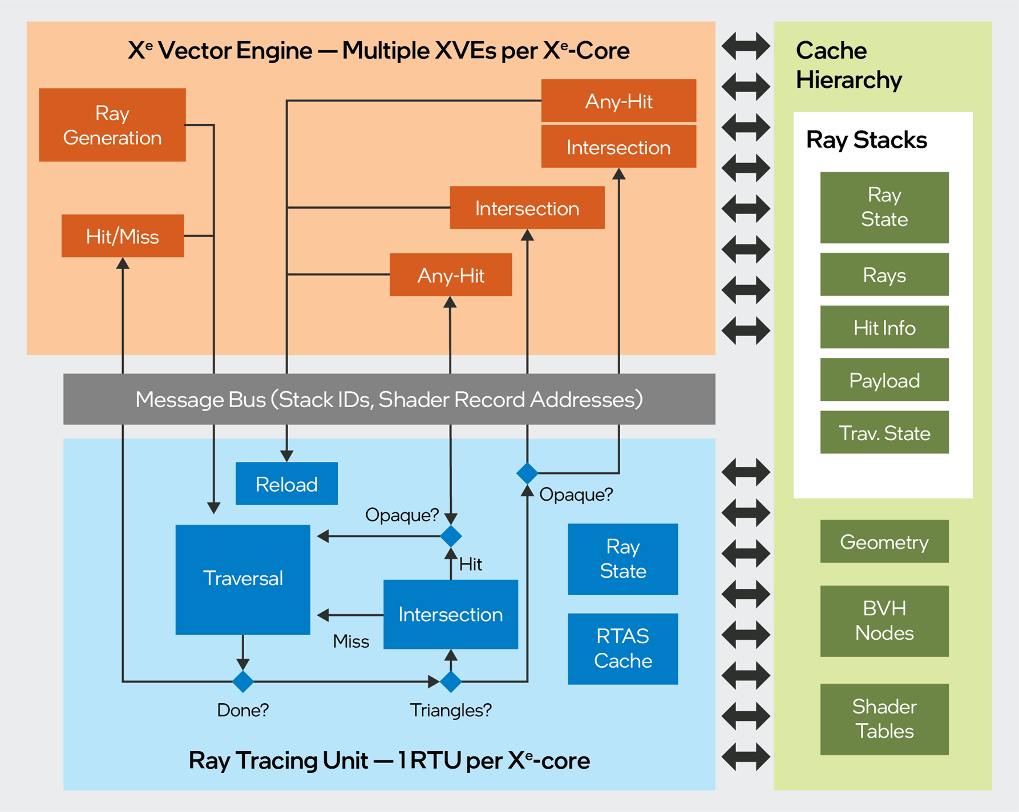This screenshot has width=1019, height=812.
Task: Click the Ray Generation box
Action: click(112, 125)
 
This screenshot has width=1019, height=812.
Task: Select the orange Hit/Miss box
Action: click(123, 236)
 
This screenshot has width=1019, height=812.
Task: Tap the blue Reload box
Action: click(286, 484)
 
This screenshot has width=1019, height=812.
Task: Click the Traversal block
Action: click(243, 579)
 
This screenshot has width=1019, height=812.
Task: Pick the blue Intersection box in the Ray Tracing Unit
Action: click(451, 614)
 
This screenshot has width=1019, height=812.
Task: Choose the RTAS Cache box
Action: click(623, 648)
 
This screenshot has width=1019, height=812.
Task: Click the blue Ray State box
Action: click(623, 559)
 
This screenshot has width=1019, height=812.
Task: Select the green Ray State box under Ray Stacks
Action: click(884, 208)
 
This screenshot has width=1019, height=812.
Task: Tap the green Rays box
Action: click(884, 275)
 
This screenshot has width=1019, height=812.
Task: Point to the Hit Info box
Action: click(884, 327)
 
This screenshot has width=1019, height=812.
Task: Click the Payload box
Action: click(884, 380)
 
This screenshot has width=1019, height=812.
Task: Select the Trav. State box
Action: click(884, 432)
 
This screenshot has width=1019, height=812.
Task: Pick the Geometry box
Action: click(884, 541)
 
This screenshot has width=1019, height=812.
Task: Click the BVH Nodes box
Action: click(884, 621)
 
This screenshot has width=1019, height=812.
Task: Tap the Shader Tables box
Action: click(884, 719)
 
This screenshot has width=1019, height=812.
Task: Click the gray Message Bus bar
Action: click(389, 399)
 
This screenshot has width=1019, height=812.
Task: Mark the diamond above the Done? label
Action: click(243, 681)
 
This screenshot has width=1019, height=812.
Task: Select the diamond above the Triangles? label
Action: click(451, 681)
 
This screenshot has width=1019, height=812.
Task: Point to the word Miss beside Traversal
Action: click(351, 642)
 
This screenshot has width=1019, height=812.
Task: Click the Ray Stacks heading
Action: click(866, 140)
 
